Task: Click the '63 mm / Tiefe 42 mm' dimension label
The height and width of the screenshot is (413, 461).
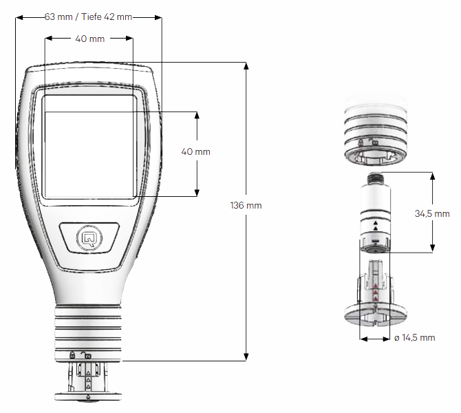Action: pyautogui.click(x=88, y=17)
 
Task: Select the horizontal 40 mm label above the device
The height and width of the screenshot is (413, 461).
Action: pyautogui.click(x=89, y=39)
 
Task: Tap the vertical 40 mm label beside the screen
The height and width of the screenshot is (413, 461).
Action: pyautogui.click(x=195, y=151)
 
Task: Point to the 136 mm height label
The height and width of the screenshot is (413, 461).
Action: pyautogui.click(x=246, y=205)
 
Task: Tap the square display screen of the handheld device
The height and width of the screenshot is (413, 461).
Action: pyautogui.click(x=89, y=146)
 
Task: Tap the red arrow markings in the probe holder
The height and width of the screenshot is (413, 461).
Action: pyautogui.click(x=375, y=293)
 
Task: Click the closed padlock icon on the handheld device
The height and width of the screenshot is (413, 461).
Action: pyautogui.click(x=72, y=354)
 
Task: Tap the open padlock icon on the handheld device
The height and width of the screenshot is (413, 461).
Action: pyautogui.click(x=87, y=354)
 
